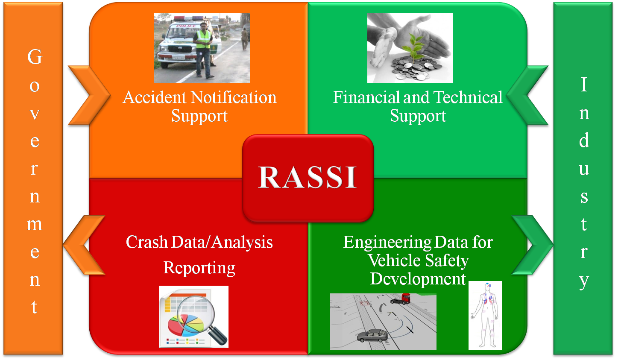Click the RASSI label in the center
point(308,177)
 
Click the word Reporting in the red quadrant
point(199,268)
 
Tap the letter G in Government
point(35,57)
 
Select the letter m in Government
point(35,224)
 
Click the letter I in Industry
point(584,85)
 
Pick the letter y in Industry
point(584,281)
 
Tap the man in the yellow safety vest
point(204,49)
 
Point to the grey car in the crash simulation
point(372,336)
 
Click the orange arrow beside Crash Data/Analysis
point(83,245)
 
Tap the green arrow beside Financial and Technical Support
point(529,96)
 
